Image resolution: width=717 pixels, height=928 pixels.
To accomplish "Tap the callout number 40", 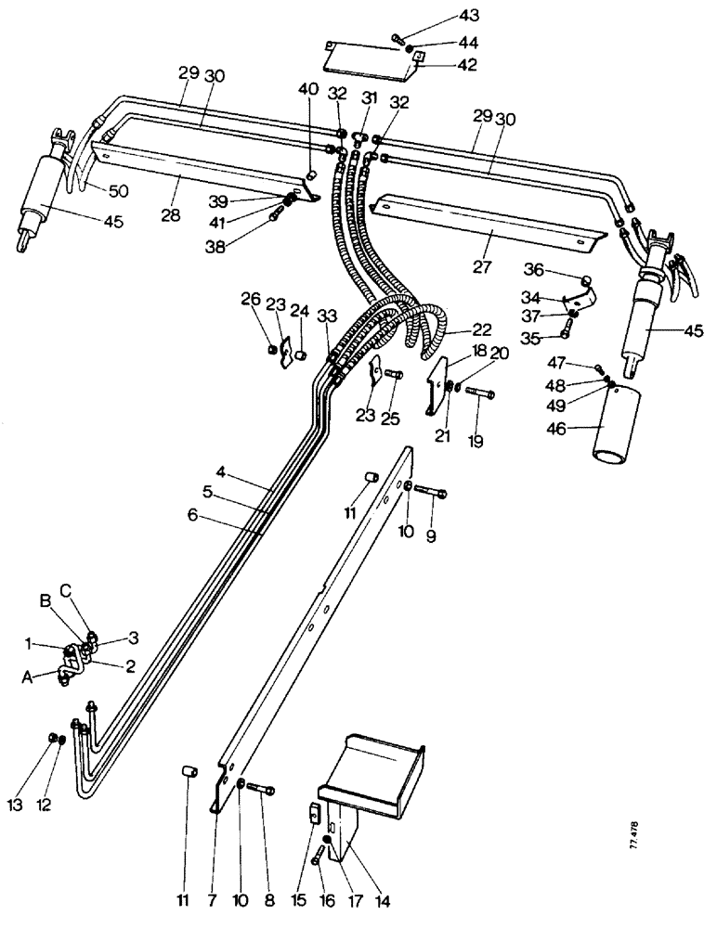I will pyautogui.click(x=307, y=90).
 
